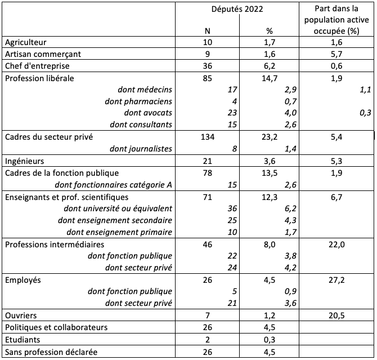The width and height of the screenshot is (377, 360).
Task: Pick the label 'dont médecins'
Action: pos(145,90)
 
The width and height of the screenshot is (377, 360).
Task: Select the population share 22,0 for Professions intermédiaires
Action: pos(335,245)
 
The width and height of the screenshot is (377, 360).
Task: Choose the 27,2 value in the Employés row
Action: pos(335,279)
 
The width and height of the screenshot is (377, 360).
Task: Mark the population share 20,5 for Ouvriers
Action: pos(335,315)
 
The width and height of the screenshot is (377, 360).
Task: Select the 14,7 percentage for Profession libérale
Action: pos(272,78)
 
